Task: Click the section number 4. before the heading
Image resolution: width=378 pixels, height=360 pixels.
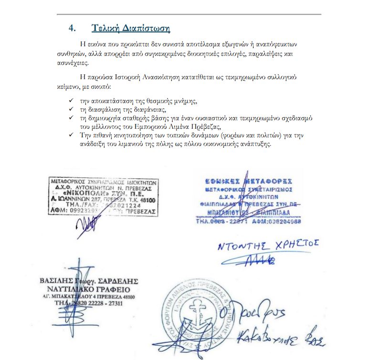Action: [72, 28]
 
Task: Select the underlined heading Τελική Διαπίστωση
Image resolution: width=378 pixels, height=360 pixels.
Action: [131, 28]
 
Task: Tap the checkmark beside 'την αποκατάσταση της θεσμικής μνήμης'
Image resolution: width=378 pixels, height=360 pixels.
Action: [71, 102]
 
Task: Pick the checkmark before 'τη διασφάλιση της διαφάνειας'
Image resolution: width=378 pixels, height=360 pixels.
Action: [71, 109]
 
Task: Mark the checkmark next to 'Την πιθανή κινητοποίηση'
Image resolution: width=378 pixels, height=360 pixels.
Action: [71, 135]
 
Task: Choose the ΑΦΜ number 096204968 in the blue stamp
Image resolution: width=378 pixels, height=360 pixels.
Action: [283, 221]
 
